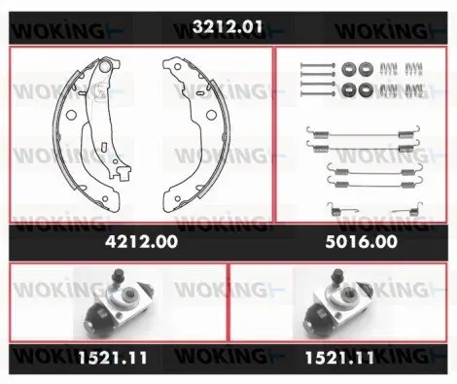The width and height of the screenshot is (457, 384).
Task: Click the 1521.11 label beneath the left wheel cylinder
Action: pos(113,358)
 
